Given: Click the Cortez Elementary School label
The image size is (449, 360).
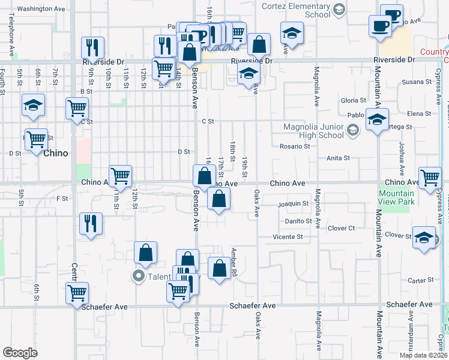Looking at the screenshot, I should tap(296, 10).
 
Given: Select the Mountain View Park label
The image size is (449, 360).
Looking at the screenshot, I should tap(397, 197).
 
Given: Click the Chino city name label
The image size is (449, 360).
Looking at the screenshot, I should tap(55, 153).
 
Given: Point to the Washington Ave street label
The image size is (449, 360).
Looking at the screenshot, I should tap(41, 9).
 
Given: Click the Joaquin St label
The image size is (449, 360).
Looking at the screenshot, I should tap(294, 204).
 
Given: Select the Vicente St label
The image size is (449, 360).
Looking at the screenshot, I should tap(288, 237).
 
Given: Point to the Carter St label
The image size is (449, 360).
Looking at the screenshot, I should tap(420, 280).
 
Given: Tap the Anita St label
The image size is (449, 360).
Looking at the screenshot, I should tap(338, 158).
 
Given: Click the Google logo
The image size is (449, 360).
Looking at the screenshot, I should tap(20, 352).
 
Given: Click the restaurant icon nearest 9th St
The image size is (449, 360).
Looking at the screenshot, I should tap(92, 47).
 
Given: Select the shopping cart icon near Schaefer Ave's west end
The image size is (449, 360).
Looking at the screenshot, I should tap(77, 293).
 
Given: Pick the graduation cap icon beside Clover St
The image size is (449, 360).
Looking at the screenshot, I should tap(424, 237).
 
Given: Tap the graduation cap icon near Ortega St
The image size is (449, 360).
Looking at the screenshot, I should tap(377, 119).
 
